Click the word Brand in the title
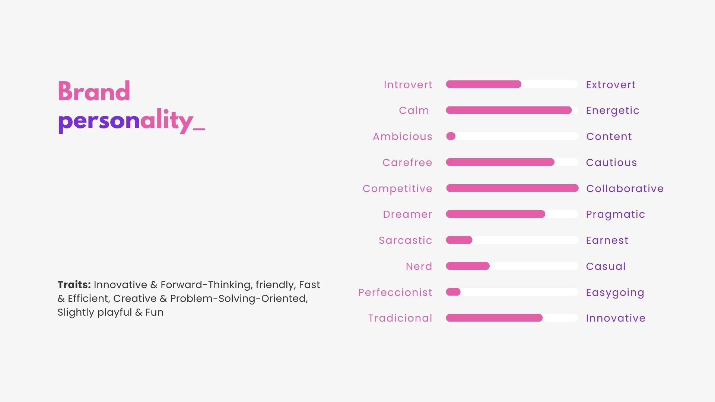94,91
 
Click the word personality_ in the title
131,121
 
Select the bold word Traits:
74,285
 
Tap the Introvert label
408,85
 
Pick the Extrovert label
611,85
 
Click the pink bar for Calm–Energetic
509,110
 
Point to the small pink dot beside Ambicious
451,136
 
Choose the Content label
609,137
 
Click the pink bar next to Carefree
500,162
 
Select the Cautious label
611,163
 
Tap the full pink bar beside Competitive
512,188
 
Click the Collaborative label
625,189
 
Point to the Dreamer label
407,214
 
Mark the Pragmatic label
616,214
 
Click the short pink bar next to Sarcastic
459,240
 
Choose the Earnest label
607,240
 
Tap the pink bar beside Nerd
468,266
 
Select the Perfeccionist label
395,293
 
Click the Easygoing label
615,293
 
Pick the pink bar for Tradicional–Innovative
494,318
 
